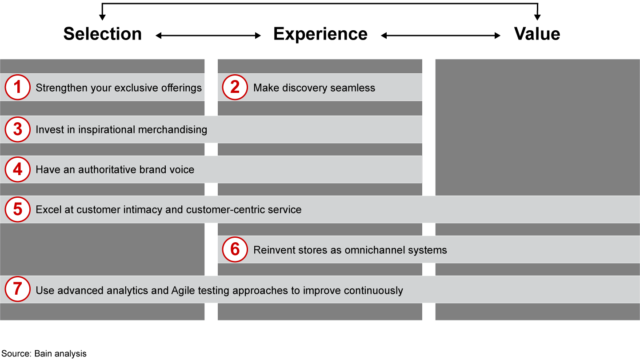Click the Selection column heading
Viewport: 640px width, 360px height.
coord(102,34)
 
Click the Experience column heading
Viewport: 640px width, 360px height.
coord(320,34)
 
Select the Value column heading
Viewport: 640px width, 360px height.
coord(537,34)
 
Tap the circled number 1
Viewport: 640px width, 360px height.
coord(18,88)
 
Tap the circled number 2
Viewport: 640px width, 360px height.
coord(235,88)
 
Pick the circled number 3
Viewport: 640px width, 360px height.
coord(18,129)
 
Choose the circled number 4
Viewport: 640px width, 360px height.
coord(18,169)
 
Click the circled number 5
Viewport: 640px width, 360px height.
coord(18,209)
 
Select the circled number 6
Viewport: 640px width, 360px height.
coord(235,249)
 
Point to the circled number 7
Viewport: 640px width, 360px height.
coord(18,290)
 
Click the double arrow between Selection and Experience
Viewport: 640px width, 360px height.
coord(208,36)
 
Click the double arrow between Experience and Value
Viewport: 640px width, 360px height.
coord(441,36)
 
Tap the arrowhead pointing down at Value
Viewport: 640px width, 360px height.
coord(537,17)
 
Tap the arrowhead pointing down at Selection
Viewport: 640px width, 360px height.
coord(102,17)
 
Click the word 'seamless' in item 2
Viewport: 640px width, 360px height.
coord(354,88)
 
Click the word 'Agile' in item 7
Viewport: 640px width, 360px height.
coord(183,290)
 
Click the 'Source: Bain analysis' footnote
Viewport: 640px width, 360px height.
coord(44,354)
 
